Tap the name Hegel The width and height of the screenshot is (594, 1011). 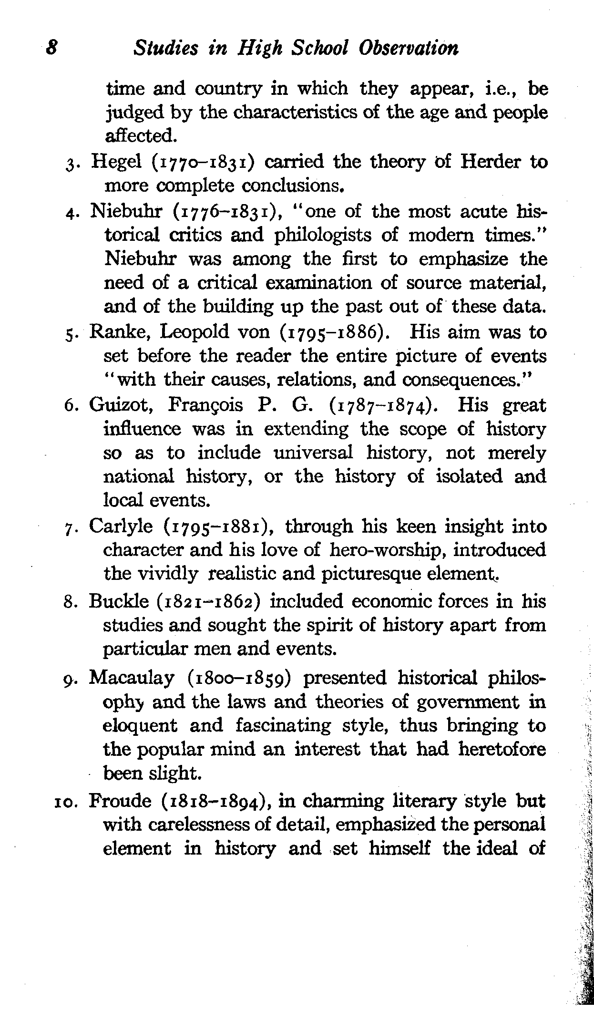point(116,163)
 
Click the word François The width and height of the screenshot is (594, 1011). point(205,405)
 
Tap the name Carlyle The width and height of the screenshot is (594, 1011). point(121,526)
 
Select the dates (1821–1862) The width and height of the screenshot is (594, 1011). point(208,601)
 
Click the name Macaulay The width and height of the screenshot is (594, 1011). point(132,678)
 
